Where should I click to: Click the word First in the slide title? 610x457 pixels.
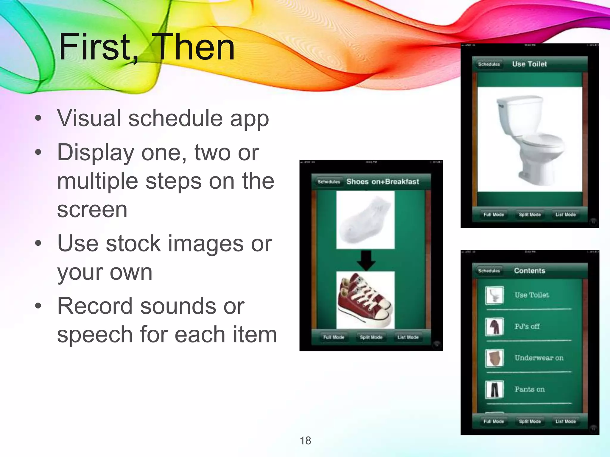click(x=95, y=47)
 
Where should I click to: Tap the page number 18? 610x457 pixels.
click(x=305, y=441)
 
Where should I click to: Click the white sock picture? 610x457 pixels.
click(x=365, y=220)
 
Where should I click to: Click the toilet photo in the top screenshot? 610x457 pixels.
click(x=530, y=139)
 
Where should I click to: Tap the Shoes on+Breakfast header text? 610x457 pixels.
click(x=382, y=181)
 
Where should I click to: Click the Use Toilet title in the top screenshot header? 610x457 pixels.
click(x=529, y=64)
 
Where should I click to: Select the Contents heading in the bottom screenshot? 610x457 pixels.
click(x=529, y=271)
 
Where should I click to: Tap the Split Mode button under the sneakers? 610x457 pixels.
click(x=371, y=337)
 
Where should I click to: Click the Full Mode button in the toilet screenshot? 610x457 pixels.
click(x=494, y=215)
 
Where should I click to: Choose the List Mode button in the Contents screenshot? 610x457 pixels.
click(x=565, y=421)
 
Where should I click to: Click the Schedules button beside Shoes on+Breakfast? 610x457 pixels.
click(x=329, y=181)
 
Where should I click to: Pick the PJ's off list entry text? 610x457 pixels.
click(x=527, y=326)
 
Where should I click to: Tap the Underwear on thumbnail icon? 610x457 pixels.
click(x=494, y=358)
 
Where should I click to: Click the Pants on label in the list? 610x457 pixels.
click(x=529, y=389)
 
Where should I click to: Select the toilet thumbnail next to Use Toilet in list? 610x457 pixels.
click(x=494, y=295)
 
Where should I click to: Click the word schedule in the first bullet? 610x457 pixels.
click(x=175, y=118)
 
